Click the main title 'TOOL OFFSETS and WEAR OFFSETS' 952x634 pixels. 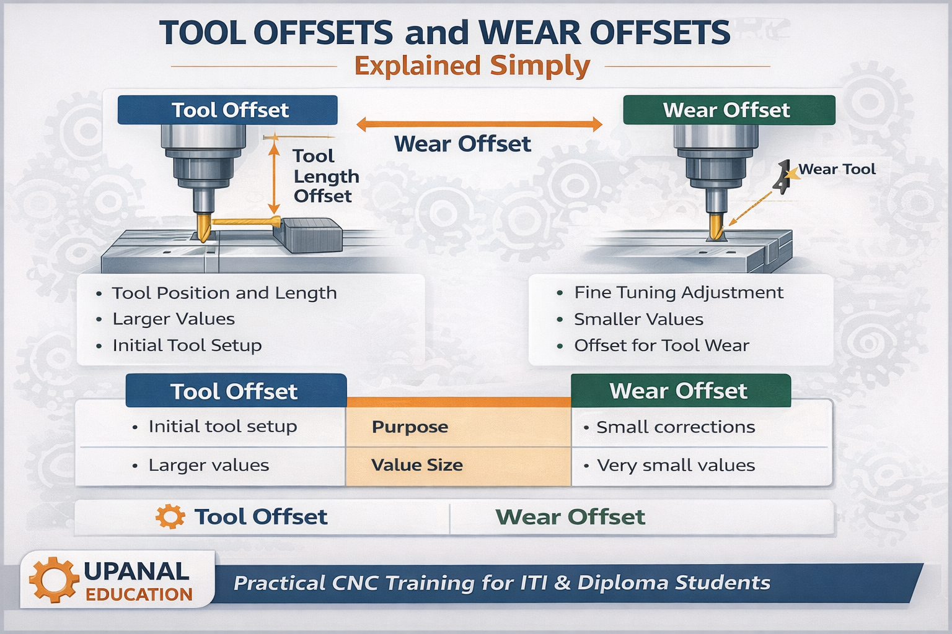pos(444,33)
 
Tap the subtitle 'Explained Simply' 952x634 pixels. pos(472,66)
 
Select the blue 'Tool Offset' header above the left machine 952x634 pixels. pos(227,110)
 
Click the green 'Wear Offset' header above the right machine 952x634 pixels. pos(729,110)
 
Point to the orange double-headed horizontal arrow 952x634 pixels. pos(479,124)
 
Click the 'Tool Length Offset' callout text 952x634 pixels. pos(325,176)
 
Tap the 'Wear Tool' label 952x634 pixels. pos(836,169)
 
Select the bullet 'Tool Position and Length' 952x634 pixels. pos(224,293)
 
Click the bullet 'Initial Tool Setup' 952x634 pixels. pos(187,345)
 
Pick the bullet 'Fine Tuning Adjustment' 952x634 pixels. pos(678,292)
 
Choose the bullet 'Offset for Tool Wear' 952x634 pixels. pos(661,345)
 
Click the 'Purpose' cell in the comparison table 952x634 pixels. pos(410,427)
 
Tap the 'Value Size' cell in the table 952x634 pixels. pos(416,465)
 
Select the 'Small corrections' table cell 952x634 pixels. pos(675,427)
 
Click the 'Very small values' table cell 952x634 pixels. pos(676,465)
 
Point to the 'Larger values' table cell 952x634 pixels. pos(208,465)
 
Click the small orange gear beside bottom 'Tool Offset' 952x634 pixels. pos(170,516)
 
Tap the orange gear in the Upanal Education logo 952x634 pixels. pos(54,580)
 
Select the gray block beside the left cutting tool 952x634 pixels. pos(308,235)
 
